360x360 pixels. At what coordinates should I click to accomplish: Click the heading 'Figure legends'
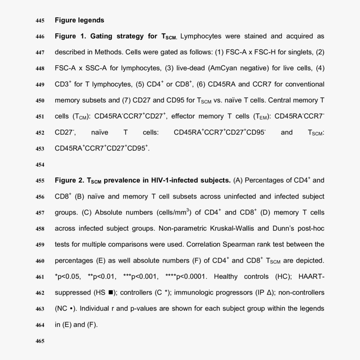tap(79, 20)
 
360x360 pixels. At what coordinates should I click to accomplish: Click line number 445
tap(39, 20)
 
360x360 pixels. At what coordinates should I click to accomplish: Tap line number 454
tap(39, 165)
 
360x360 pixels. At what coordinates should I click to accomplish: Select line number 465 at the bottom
tap(39, 341)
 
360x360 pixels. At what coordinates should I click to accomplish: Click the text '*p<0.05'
tap(67, 277)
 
